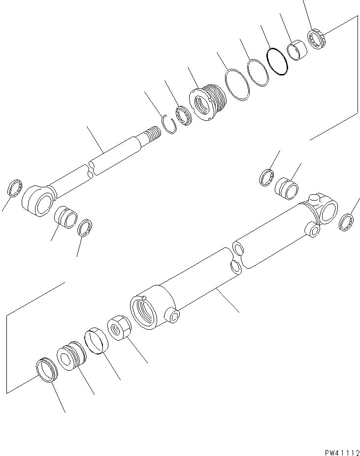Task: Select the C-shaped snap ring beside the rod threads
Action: click(169, 124)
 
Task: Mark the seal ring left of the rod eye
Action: click(15, 188)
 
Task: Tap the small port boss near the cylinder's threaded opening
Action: click(173, 316)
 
